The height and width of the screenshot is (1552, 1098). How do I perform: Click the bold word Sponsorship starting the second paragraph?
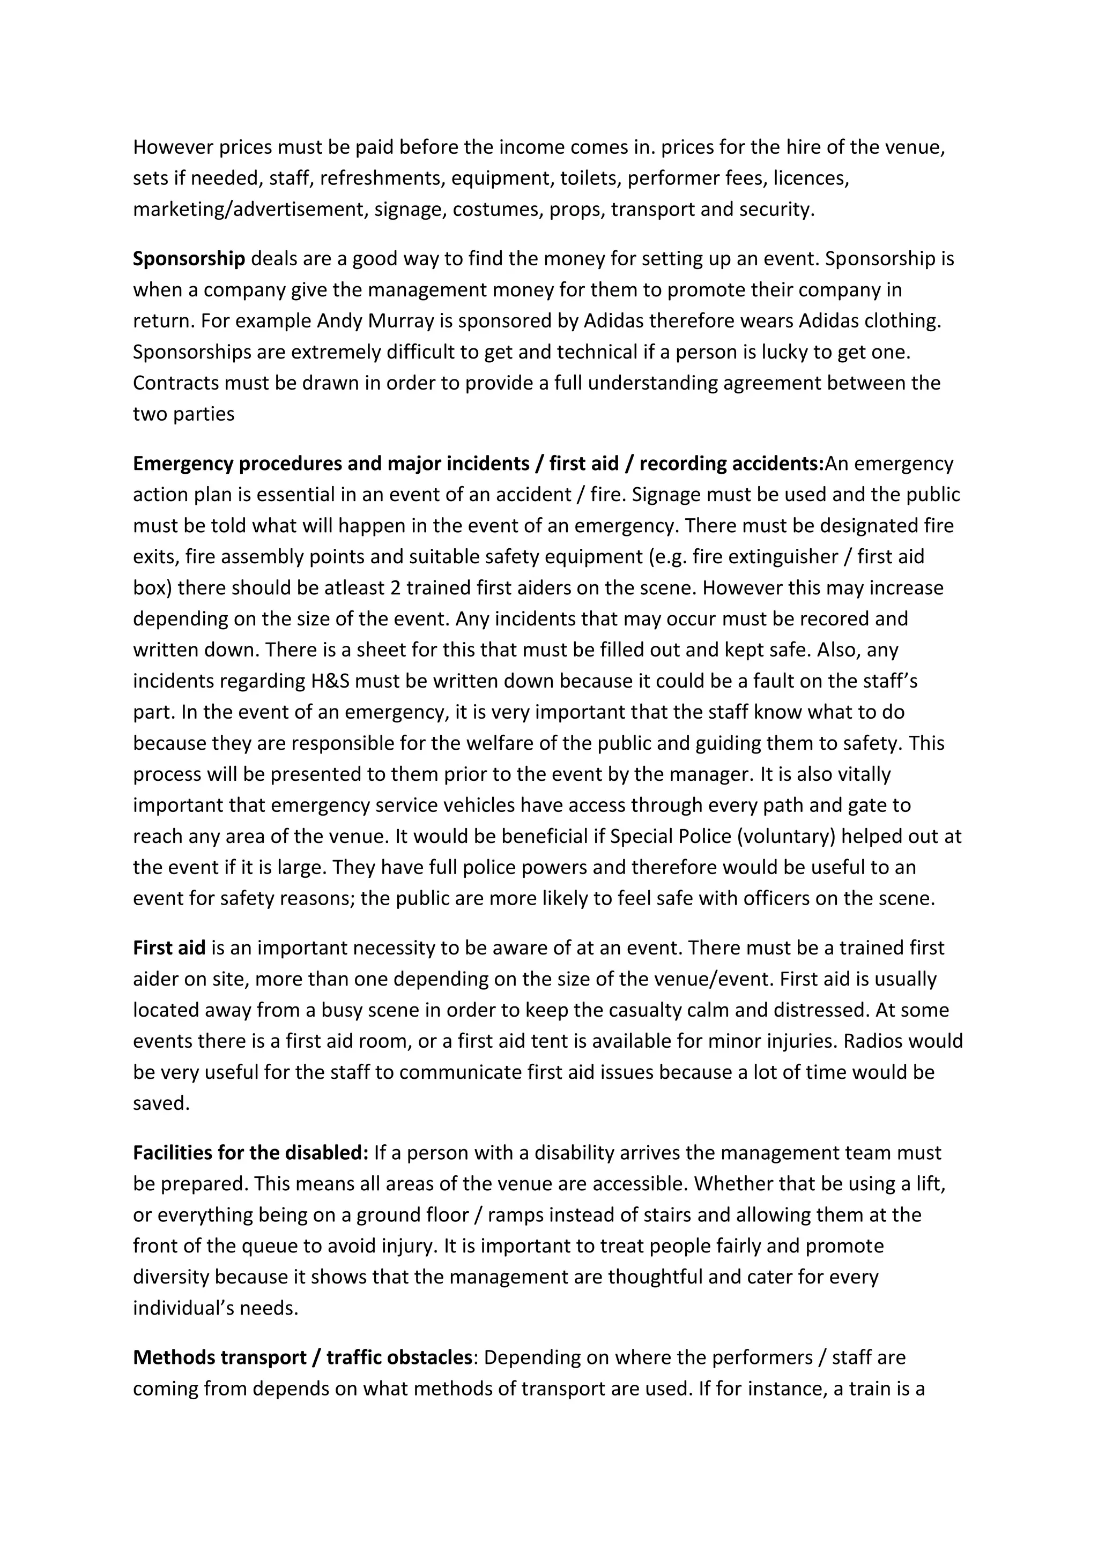(189, 259)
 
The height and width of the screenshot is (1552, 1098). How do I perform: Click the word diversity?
(171, 1278)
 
